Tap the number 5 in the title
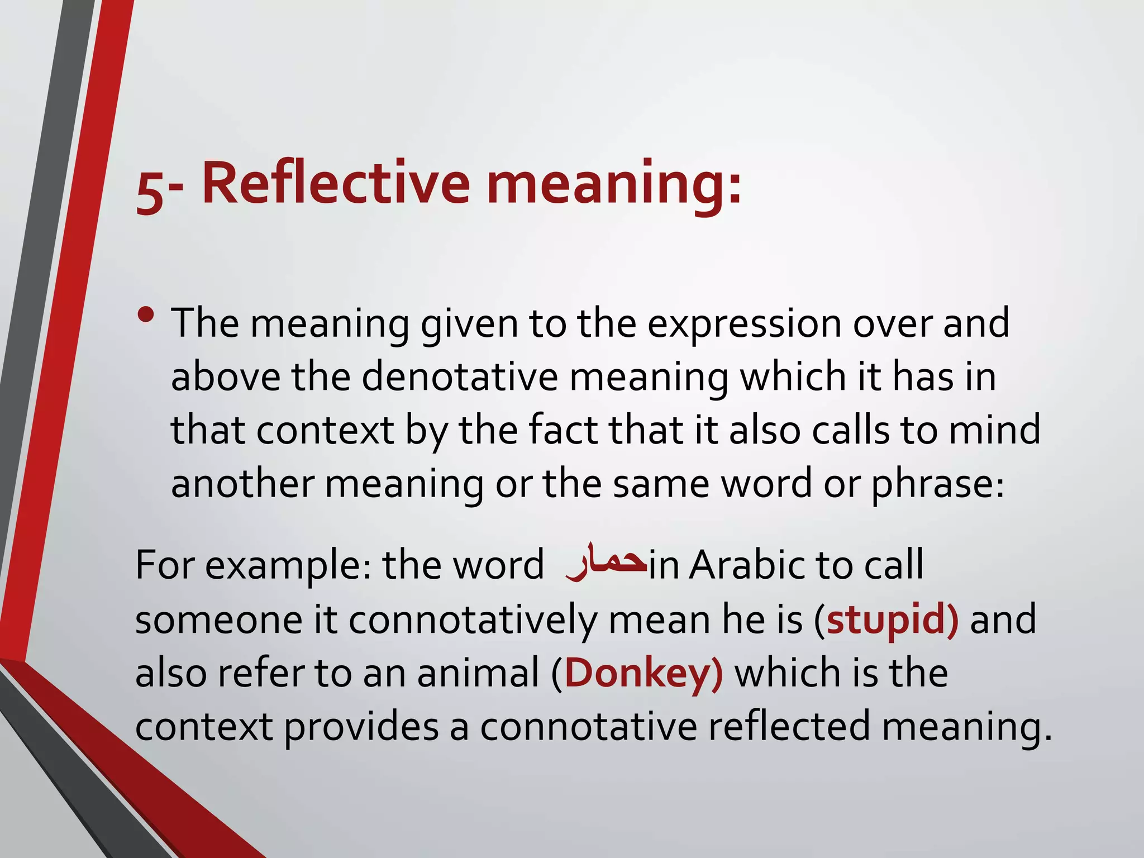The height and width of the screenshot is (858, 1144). (149, 193)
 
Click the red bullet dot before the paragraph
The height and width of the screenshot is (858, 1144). (146, 316)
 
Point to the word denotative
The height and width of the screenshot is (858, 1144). (460, 376)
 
